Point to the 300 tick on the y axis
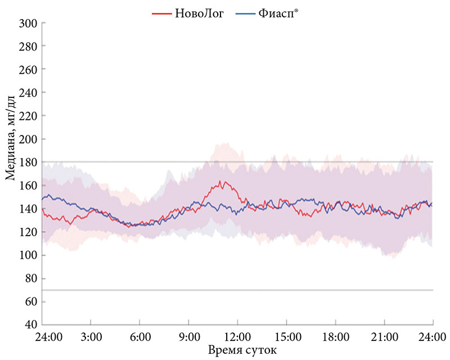pos(29,23)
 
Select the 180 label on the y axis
pos(29,163)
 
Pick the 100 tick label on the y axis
pos(29,255)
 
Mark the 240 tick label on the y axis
pos(29,93)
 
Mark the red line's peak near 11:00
pos(221,182)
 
